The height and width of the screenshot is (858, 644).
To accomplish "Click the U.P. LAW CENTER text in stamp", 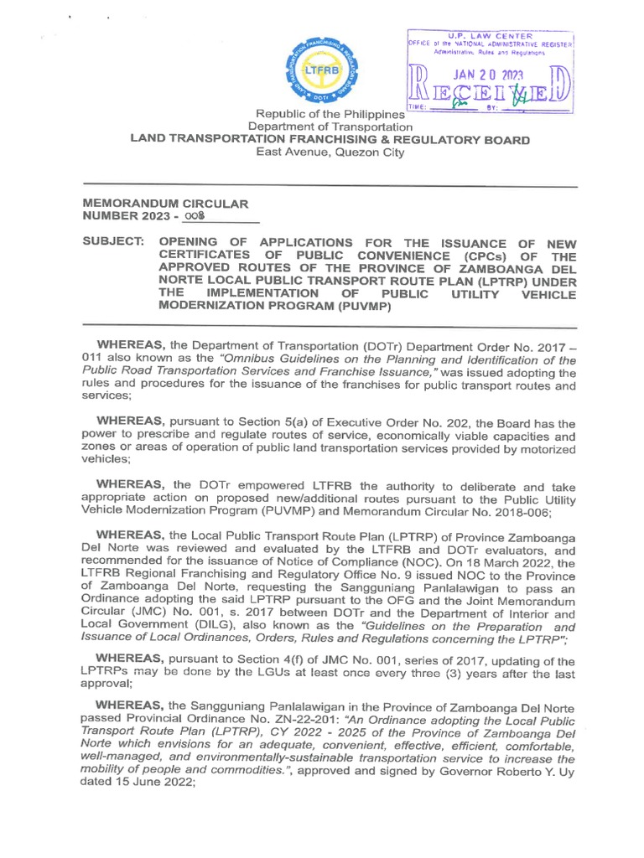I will click(x=490, y=35).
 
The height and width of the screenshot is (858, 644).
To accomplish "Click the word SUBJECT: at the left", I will click(x=114, y=241).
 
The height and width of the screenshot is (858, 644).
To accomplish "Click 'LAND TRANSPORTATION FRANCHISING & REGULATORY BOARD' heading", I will click(x=329, y=140).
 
